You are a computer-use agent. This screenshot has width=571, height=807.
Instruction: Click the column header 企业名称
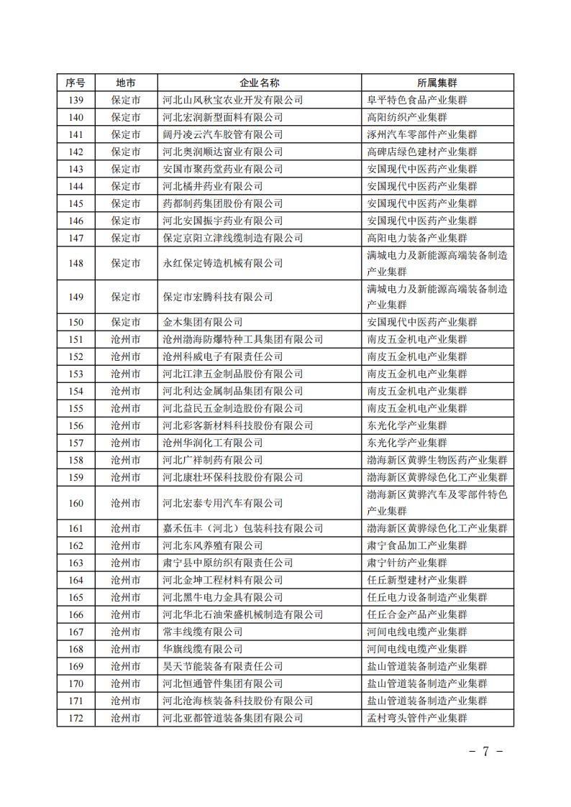[259, 83]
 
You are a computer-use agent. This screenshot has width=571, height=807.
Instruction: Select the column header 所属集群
[437, 83]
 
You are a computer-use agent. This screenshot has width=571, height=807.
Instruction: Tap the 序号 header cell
[76, 83]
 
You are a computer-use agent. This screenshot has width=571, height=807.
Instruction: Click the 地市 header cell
[126, 83]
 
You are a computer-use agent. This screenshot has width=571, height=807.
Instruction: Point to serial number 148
[76, 264]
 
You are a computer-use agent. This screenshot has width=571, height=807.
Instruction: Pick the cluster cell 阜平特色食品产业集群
[416, 100]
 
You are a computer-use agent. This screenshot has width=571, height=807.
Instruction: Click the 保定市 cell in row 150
[126, 322]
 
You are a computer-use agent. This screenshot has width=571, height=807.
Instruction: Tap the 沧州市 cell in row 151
[126, 339]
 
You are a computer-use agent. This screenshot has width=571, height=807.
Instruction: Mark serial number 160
[76, 503]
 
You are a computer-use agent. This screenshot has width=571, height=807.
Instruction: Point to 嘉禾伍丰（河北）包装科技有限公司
[243, 528]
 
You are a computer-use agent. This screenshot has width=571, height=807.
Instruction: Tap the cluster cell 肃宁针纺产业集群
[406, 563]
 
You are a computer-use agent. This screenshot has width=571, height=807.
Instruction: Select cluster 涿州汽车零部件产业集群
[421, 134]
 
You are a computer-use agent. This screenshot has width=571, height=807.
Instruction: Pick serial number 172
[76, 718]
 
